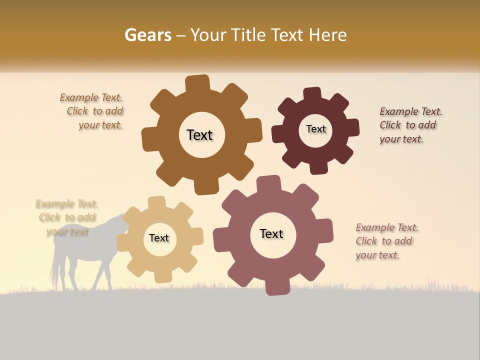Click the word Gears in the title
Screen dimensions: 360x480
pyautogui.click(x=147, y=35)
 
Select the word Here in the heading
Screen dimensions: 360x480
pyautogui.click(x=328, y=35)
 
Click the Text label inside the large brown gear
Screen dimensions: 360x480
pyautogui.click(x=199, y=135)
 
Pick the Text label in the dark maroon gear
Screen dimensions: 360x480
pyautogui.click(x=315, y=129)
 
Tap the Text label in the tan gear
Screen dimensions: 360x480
pyautogui.click(x=159, y=238)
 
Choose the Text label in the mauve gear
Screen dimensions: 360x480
pyautogui.click(x=271, y=233)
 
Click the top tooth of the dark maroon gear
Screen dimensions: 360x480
pyautogui.click(x=312, y=94)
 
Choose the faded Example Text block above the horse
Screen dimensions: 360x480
pyautogui.click(x=67, y=217)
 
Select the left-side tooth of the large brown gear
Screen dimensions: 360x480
pyautogui.click(x=149, y=139)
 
